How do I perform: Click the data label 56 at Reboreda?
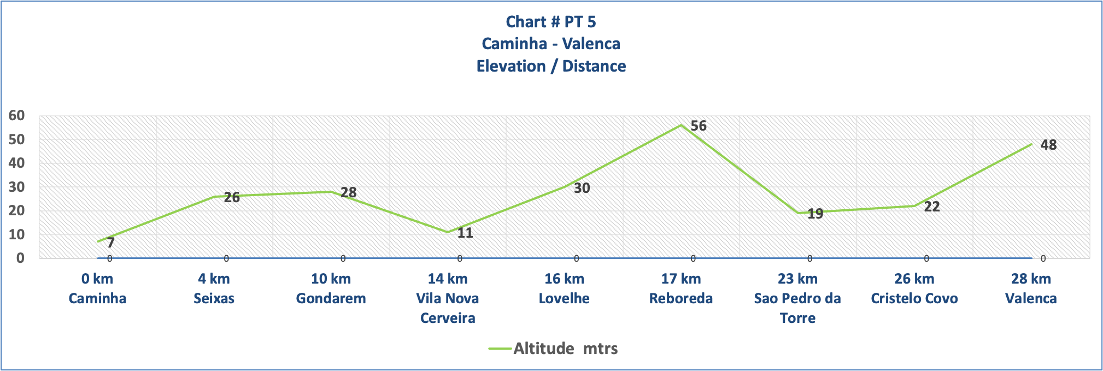click(699, 126)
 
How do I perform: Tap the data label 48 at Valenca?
click(1048, 145)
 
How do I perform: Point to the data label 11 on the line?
click(465, 233)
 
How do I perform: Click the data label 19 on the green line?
click(815, 214)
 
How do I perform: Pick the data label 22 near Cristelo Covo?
click(931, 207)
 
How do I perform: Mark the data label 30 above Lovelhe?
click(582, 189)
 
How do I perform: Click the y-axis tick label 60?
click(16, 116)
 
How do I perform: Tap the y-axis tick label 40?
click(16, 163)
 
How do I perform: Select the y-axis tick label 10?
click(16, 235)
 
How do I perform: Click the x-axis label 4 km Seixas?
click(214, 288)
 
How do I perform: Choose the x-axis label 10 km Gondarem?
click(331, 288)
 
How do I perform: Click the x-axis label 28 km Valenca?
click(1031, 288)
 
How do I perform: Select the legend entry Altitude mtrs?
click(565, 349)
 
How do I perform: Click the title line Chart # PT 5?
click(551, 22)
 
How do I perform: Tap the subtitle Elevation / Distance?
click(551, 66)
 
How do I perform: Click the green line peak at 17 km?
click(681, 125)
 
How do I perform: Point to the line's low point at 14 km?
click(448, 232)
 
